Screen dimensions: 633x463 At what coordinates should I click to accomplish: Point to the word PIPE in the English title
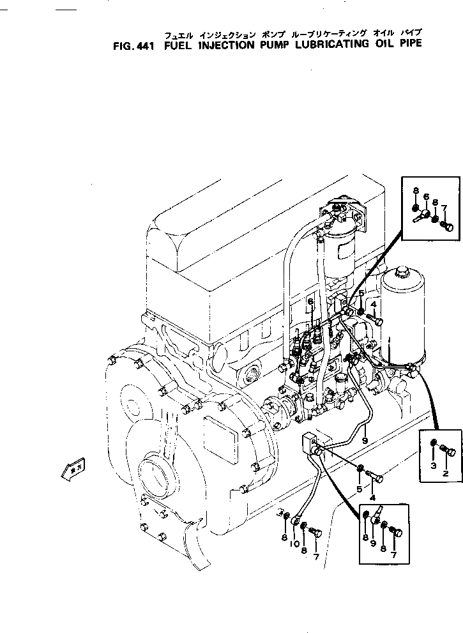coord(409,45)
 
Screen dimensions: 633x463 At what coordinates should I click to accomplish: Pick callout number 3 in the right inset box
coord(433,466)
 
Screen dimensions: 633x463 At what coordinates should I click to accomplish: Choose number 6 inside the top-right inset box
coord(426,197)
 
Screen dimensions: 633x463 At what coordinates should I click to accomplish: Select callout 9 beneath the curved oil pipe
coord(365,440)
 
